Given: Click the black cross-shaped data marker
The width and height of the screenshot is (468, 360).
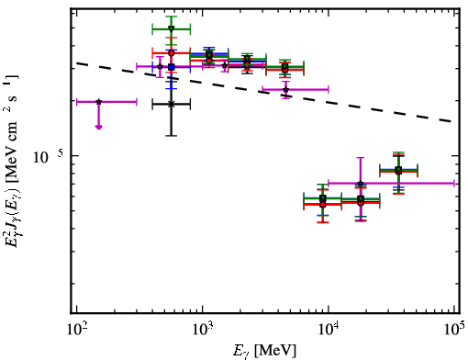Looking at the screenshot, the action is [x=172, y=104].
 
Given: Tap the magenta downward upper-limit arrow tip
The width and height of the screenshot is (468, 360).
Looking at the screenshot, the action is [x=98, y=128].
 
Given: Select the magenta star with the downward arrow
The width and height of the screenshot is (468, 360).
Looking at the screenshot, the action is [x=98, y=102].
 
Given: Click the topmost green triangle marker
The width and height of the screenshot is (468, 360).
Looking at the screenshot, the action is [x=172, y=28].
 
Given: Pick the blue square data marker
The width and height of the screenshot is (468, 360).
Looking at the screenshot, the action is [x=172, y=67].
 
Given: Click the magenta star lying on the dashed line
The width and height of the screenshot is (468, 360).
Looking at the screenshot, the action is [x=285, y=90].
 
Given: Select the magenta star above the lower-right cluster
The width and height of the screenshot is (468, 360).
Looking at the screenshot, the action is [x=361, y=184].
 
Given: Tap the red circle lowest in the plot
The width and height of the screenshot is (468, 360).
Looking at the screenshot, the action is [x=323, y=205].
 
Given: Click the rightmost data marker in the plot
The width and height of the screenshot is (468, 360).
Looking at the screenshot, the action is [x=398, y=170].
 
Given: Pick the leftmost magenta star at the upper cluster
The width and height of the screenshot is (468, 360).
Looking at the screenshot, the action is [x=160, y=66].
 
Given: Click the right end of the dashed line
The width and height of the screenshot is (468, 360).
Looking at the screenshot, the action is [x=452, y=121].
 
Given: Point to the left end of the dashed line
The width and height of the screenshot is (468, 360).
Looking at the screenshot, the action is [x=77, y=63].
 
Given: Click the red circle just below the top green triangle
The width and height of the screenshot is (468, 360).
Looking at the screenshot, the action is [x=172, y=53].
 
